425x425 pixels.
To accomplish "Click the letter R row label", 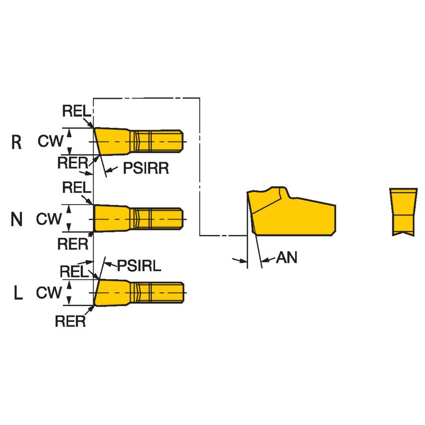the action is pyautogui.click(x=16, y=143).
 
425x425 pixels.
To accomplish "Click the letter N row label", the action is pyautogui.click(x=17, y=219).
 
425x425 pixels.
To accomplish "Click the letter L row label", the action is pyautogui.click(x=18, y=294).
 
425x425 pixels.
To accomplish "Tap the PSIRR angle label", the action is pyautogui.click(x=145, y=169).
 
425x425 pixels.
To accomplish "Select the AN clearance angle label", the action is pyautogui.click(x=286, y=257).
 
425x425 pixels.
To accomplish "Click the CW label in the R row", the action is pyautogui.click(x=50, y=142).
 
